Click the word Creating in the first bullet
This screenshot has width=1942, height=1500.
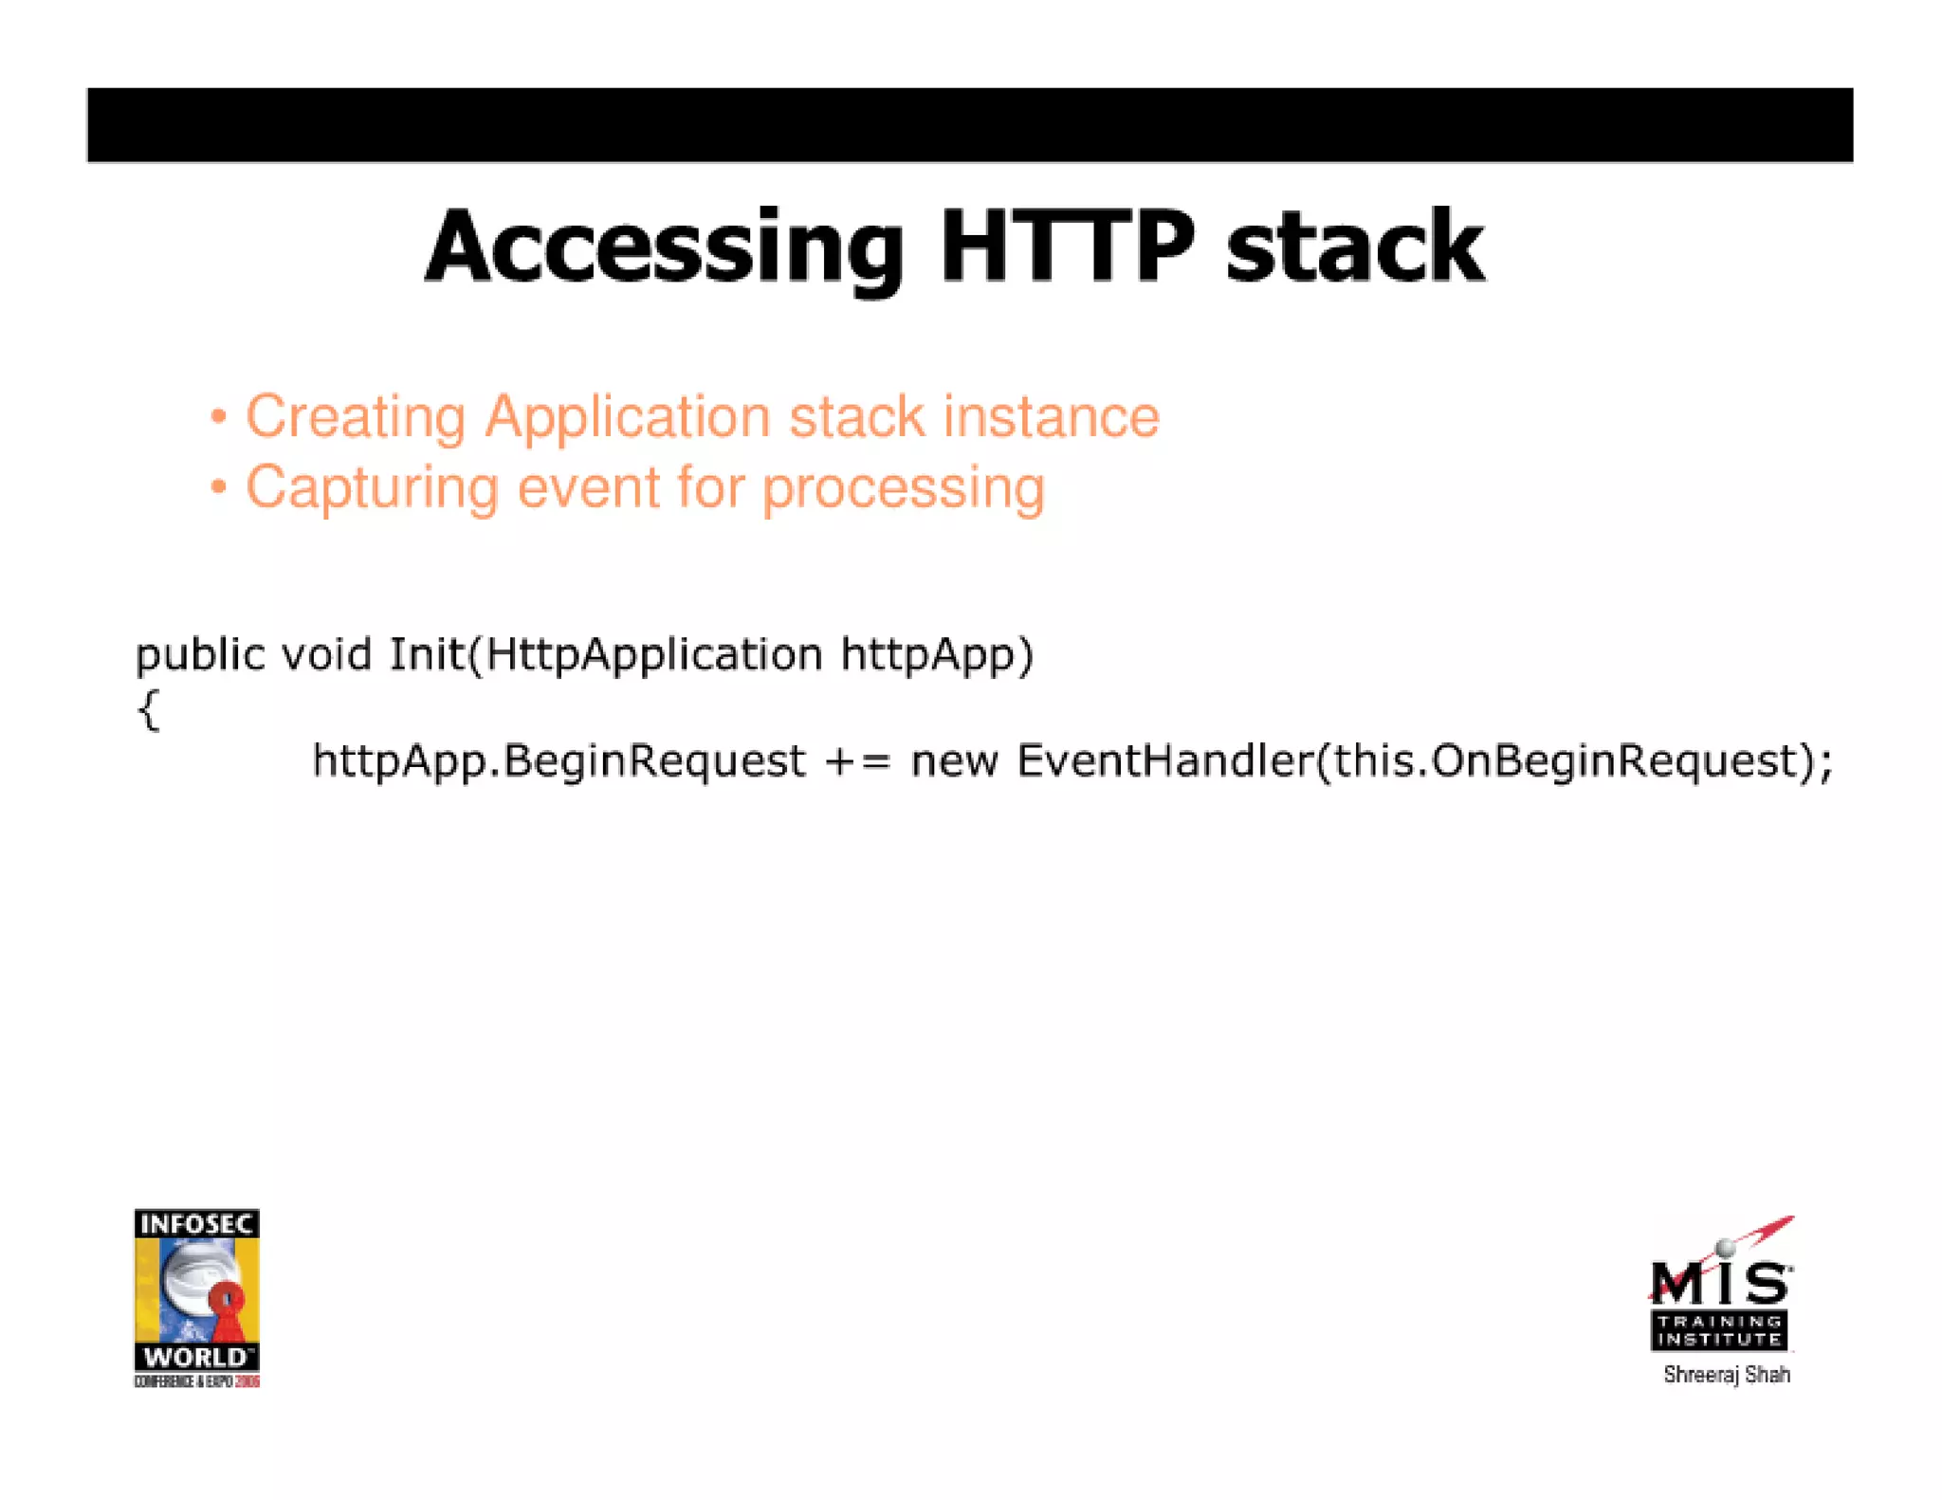pyautogui.click(x=356, y=417)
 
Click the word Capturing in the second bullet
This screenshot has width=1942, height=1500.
pyautogui.click(x=372, y=488)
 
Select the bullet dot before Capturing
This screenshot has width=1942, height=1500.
pyautogui.click(x=219, y=487)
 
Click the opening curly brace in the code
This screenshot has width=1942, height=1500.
pyautogui.click(x=149, y=709)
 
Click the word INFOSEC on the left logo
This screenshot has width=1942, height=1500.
pyautogui.click(x=196, y=1224)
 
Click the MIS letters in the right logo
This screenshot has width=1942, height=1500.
pyautogui.click(x=1718, y=1283)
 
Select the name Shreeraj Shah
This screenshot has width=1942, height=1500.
pyautogui.click(x=1726, y=1375)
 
